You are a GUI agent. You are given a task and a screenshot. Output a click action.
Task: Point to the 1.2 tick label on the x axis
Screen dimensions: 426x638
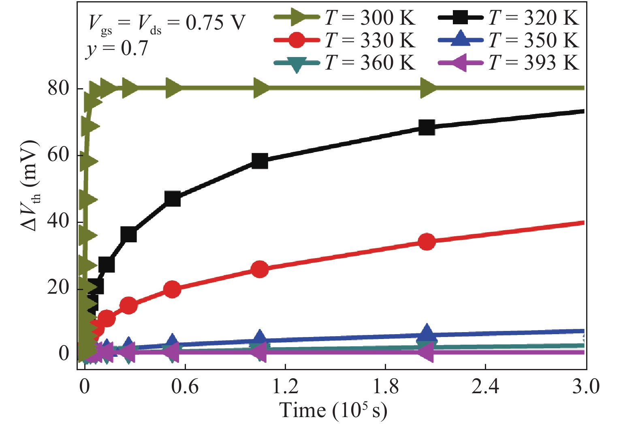285,386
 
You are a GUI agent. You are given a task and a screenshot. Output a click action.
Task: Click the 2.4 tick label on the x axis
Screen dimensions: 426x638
485,386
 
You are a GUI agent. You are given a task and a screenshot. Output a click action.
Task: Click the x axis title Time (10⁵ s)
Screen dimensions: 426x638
333,411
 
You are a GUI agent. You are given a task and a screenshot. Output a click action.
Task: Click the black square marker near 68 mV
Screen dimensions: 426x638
427,127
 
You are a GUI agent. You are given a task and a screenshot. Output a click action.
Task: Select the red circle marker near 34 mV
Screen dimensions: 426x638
427,242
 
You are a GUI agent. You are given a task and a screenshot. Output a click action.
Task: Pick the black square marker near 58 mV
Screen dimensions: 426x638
260,161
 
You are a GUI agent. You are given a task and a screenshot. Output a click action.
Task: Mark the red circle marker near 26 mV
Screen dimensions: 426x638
260,269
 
